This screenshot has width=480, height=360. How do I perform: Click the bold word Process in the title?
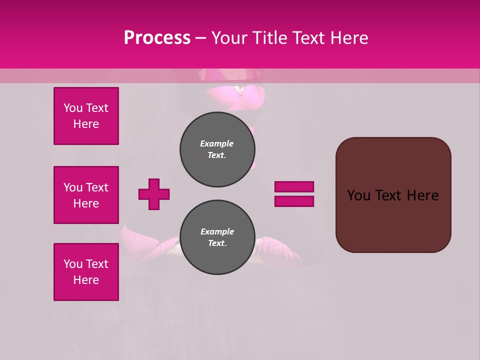click(157, 38)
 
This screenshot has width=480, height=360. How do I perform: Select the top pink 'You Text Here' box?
click(86, 116)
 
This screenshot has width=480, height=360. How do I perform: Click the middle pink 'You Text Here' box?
click(86, 195)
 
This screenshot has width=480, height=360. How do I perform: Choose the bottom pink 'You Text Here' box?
click(86, 272)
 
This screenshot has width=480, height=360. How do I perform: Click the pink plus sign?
click(154, 194)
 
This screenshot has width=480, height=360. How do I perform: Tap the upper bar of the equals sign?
click(294, 187)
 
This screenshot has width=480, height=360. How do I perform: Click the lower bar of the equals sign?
click(294, 201)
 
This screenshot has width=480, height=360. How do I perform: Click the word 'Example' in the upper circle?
click(217, 143)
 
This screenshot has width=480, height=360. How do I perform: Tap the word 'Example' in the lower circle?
click(217, 231)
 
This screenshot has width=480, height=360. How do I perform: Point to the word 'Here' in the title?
click(350, 38)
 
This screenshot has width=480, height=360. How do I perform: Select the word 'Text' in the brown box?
click(387, 195)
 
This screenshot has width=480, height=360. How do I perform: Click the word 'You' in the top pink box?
click(73, 108)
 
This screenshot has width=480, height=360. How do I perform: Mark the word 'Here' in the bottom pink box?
click(86, 280)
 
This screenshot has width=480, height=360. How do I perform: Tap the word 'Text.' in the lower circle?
click(217, 243)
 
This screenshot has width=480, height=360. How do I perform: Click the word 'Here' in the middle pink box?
click(86, 203)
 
